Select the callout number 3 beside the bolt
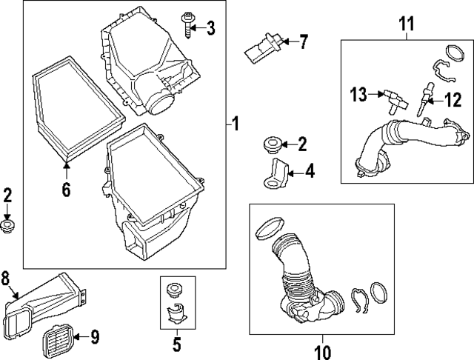click(x=211, y=29)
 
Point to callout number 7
click(x=301, y=41)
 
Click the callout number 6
click(x=66, y=190)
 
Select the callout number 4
click(x=310, y=172)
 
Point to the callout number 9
click(x=94, y=339)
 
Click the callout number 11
click(x=405, y=24)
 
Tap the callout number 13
click(x=359, y=94)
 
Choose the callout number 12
click(x=453, y=97)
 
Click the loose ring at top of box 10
click(x=267, y=227)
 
